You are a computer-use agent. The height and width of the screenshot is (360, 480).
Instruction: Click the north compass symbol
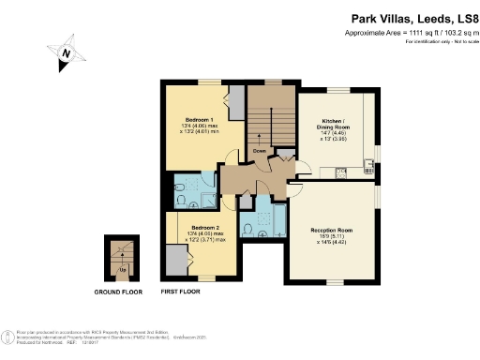click(x=65, y=54)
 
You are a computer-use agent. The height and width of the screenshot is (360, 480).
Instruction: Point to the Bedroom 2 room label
click(x=206, y=227)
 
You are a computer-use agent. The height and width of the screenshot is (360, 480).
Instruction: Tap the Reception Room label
click(x=331, y=229)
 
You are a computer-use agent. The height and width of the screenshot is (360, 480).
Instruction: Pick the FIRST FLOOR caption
click(x=184, y=292)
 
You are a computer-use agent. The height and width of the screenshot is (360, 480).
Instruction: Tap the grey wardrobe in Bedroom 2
click(x=175, y=258)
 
